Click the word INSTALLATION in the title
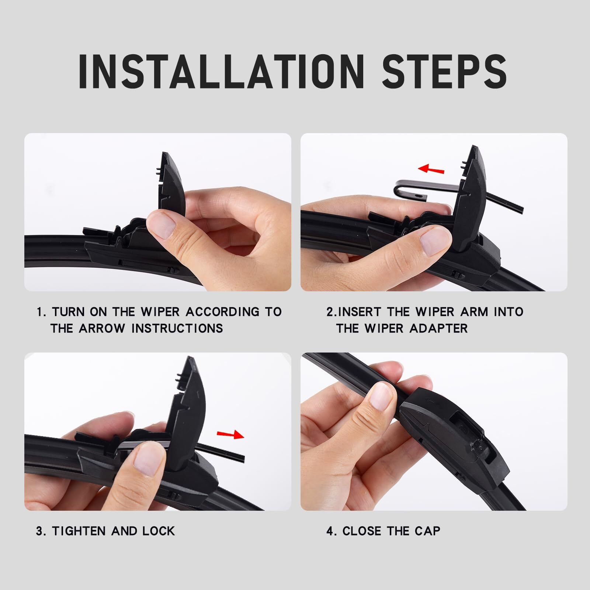click(x=222, y=72)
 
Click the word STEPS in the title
click(x=444, y=72)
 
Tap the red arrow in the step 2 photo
click(x=431, y=169)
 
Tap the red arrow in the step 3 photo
click(x=230, y=435)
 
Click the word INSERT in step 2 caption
click(x=359, y=312)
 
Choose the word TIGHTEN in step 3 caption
click(x=79, y=531)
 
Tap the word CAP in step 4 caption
click(x=427, y=531)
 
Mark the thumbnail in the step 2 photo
click(x=435, y=244)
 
